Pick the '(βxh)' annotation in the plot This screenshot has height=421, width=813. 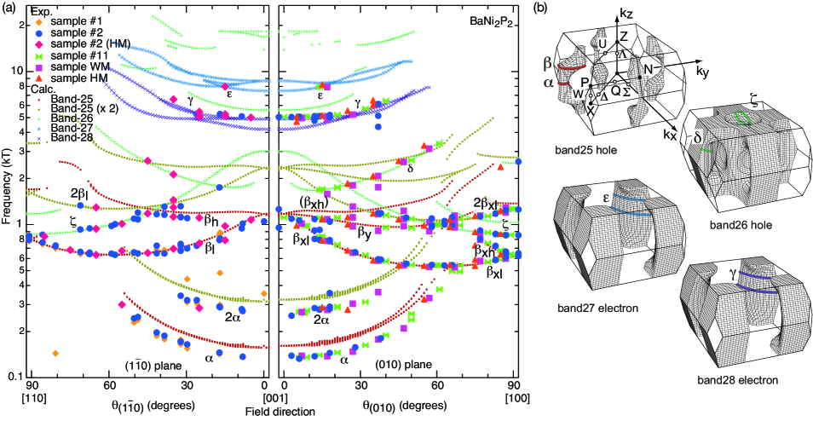(x=316, y=203)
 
